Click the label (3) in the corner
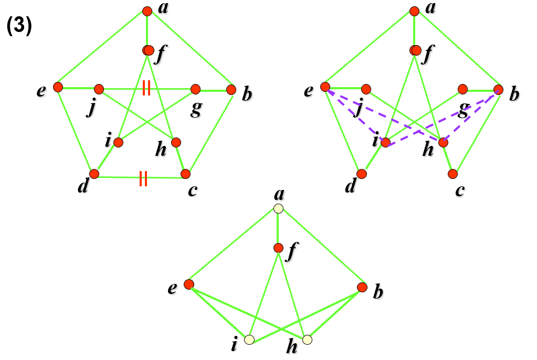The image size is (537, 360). coord(20,27)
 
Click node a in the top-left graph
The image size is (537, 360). coord(147,10)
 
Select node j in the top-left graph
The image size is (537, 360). coord(99,89)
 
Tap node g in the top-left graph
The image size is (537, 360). coord(195,89)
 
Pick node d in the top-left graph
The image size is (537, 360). coord(94,174)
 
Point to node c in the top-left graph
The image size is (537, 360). coord(185,174)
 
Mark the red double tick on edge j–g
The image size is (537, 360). coord(146,89)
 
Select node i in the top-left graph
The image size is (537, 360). coord(118,142)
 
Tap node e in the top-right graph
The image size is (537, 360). coord(325,87)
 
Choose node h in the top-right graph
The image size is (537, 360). coord(444,142)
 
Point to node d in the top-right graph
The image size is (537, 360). coord(362,174)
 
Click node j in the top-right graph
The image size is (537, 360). coord(366,89)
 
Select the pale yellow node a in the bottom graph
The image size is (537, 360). coord(278,209)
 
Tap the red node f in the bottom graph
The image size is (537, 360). coord(278,248)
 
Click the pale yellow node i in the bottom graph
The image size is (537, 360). coord(249,340)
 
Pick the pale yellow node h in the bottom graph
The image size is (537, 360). coord(307,340)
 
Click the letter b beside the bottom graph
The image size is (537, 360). coord(377,292)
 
